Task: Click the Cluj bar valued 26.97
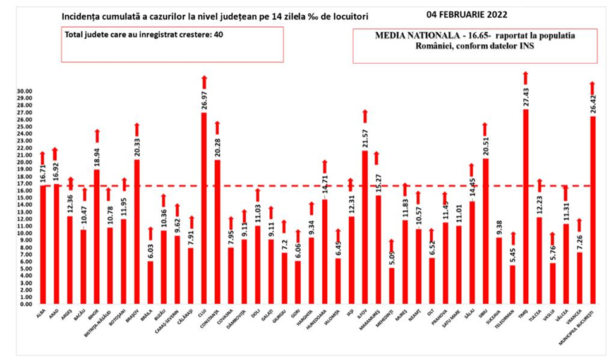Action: coord(204,208)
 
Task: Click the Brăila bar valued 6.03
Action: coord(150,282)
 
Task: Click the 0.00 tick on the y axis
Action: coord(26,304)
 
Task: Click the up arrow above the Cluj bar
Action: coord(204,81)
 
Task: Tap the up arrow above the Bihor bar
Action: coord(97,135)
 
